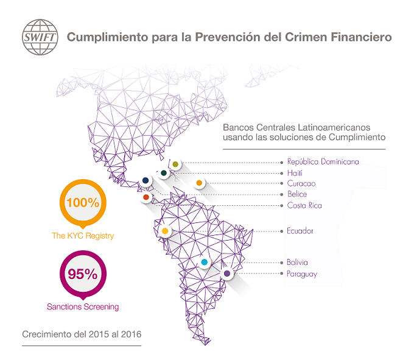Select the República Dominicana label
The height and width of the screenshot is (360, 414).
(323, 162)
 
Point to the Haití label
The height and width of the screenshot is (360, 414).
(295, 173)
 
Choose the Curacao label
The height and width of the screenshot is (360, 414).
(301, 183)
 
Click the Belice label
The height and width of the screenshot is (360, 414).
(297, 194)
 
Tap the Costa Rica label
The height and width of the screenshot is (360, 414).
(304, 205)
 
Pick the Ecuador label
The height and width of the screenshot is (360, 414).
(300, 231)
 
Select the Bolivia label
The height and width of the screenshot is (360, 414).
(299, 263)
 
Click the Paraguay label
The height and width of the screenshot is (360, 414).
(302, 274)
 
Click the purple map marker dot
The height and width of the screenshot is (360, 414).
(227, 274)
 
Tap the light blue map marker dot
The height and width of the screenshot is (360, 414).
(205, 263)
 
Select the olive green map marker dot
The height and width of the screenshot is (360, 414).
(175, 164)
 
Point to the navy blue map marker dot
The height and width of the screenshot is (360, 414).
(146, 180)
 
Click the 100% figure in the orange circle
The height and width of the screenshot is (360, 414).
(83, 203)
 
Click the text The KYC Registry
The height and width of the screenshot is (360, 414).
(83, 235)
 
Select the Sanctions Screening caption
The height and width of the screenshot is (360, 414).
(83, 306)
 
